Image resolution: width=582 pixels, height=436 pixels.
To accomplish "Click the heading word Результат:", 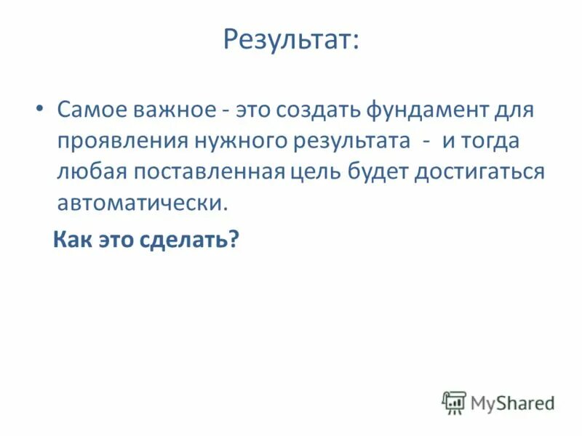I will point(291,40).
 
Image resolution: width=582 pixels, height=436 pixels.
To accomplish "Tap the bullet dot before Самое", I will point(39,108).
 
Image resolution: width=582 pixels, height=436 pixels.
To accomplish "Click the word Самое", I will point(89,111).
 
